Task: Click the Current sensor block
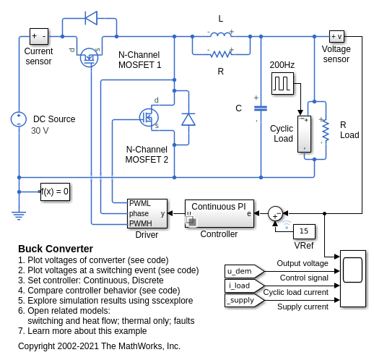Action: [39, 36]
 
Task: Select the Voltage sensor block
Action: [336, 37]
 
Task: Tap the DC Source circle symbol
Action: [19, 119]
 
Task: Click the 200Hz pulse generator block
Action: [282, 83]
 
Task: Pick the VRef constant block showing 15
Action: [304, 231]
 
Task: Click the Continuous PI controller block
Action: [219, 213]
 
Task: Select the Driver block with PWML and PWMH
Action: [147, 213]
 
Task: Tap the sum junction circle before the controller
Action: [275, 213]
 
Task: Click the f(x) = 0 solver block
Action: [55, 192]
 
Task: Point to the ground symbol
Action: [19, 215]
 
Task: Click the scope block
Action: [353, 278]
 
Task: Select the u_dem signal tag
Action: [244, 271]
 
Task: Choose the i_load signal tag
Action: [244, 286]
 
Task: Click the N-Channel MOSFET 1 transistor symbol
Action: [89, 57]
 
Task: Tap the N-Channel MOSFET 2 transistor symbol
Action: [149, 118]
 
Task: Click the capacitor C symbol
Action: [261, 108]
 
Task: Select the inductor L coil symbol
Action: [221, 35]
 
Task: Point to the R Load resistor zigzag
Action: [325, 130]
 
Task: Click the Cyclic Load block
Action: [305, 134]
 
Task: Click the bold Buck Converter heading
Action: [56, 249]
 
